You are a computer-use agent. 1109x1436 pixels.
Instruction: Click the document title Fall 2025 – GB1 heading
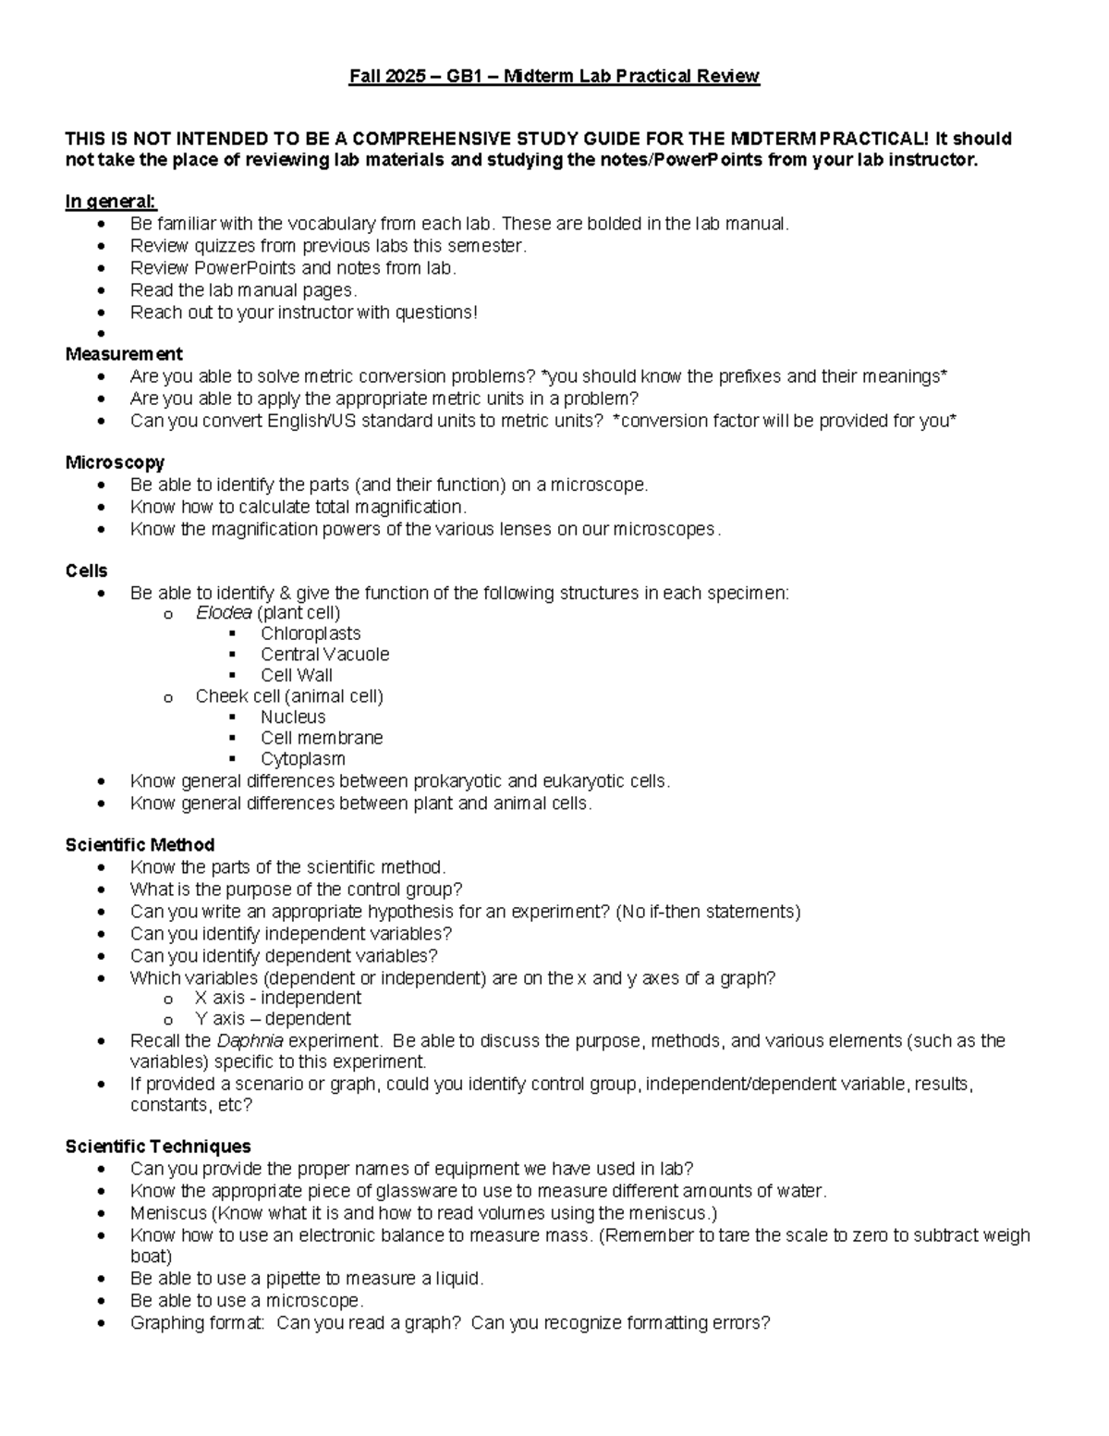(x=554, y=76)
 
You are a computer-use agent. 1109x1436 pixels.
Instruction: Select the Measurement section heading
(x=124, y=354)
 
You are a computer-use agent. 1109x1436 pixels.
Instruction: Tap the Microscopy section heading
(x=115, y=462)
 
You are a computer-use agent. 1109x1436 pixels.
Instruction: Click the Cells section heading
(x=86, y=571)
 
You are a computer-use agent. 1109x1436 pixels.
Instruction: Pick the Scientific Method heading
(x=140, y=845)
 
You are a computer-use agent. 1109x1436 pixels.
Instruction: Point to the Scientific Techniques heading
(x=158, y=1147)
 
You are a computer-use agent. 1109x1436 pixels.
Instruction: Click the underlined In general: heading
(x=111, y=202)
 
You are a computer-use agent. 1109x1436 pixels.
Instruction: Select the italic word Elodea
(x=224, y=613)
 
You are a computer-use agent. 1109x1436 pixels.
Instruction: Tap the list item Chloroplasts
(x=311, y=633)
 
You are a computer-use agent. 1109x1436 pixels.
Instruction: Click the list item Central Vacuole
(x=324, y=655)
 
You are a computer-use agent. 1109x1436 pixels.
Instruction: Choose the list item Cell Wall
(x=296, y=675)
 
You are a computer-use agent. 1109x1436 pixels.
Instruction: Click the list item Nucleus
(x=293, y=717)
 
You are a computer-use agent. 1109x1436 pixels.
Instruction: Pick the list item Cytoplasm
(x=302, y=759)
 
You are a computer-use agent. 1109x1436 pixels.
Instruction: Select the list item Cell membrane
(x=322, y=738)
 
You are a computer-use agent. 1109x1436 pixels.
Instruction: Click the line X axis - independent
(x=277, y=998)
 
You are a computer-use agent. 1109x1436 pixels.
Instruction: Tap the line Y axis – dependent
(x=273, y=1019)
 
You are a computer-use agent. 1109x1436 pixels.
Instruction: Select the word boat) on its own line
(x=151, y=1257)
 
